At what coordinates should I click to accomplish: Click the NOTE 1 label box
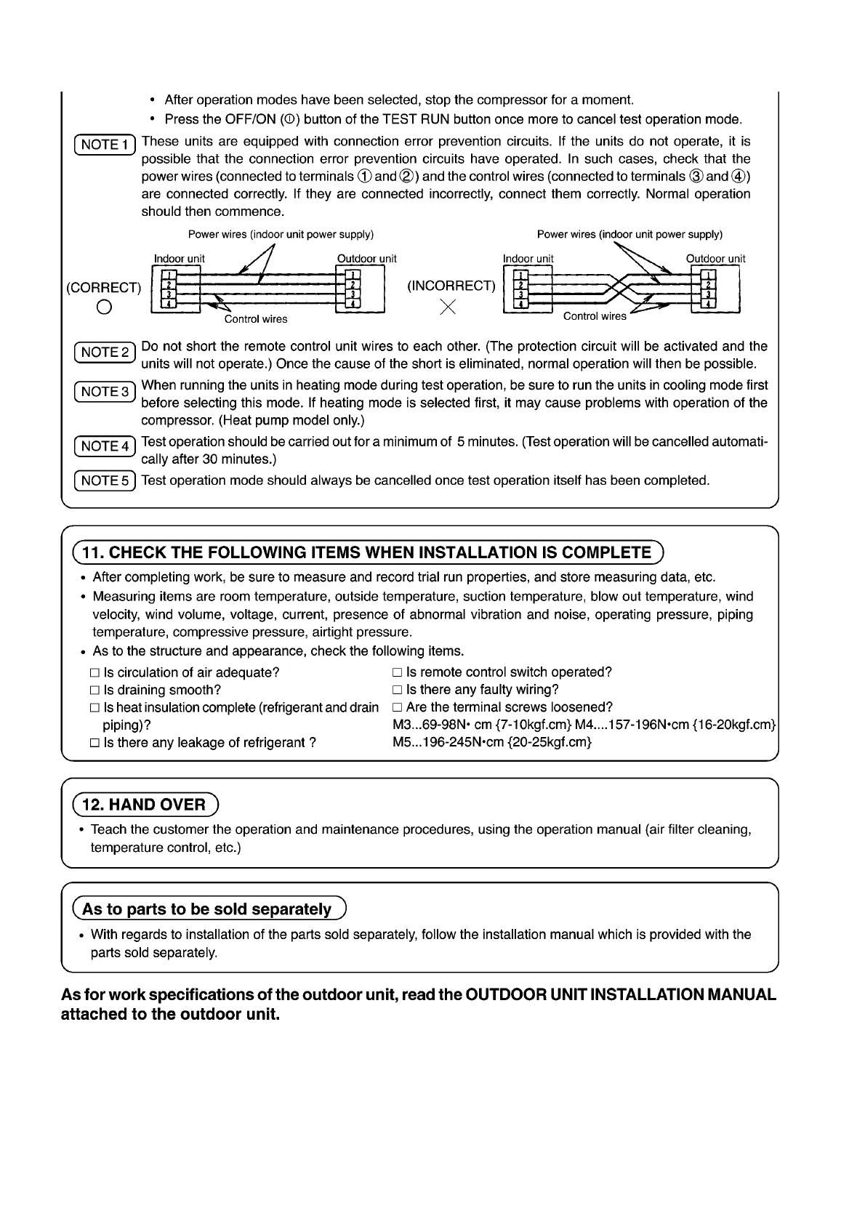[105, 145]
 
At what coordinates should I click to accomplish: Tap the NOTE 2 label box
[105, 353]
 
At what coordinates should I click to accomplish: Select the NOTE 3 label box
[105, 392]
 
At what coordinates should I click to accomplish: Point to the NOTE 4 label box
[105, 446]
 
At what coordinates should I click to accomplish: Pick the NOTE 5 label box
[105, 480]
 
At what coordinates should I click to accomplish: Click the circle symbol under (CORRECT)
[104, 307]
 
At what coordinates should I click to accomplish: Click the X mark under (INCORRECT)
[448, 307]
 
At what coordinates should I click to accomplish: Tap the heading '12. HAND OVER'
[145, 805]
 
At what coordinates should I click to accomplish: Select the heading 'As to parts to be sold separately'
[208, 909]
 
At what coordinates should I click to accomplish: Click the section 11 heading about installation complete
[367, 552]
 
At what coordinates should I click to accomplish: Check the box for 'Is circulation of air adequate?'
[94, 673]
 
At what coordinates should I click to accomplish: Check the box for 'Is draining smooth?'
[94, 690]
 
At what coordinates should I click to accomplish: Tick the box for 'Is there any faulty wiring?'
[397, 690]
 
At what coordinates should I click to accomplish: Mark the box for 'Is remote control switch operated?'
[397, 673]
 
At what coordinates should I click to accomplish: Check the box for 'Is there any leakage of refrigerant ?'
[94, 743]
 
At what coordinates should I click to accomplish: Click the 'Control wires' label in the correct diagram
[256, 319]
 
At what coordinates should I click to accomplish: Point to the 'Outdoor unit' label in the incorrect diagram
[715, 259]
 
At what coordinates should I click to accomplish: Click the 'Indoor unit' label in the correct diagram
[180, 259]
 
